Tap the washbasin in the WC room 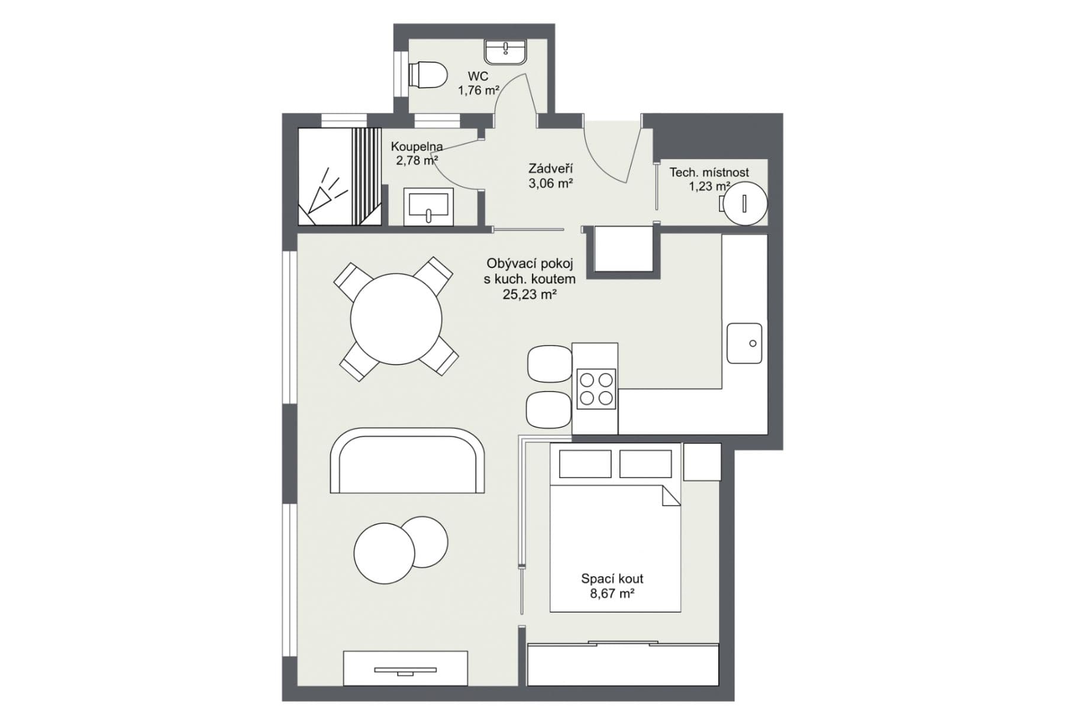click(x=506, y=52)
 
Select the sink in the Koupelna click(x=428, y=206)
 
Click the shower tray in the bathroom click(x=338, y=176)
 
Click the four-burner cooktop click(x=596, y=389)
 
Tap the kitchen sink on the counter click(x=744, y=343)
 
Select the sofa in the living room click(x=407, y=461)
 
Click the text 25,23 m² click(x=530, y=294)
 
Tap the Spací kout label click(x=612, y=579)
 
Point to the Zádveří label click(x=550, y=169)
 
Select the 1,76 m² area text click(x=478, y=91)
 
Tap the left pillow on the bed click(x=585, y=464)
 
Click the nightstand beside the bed click(x=702, y=462)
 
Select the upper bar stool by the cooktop click(x=549, y=363)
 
